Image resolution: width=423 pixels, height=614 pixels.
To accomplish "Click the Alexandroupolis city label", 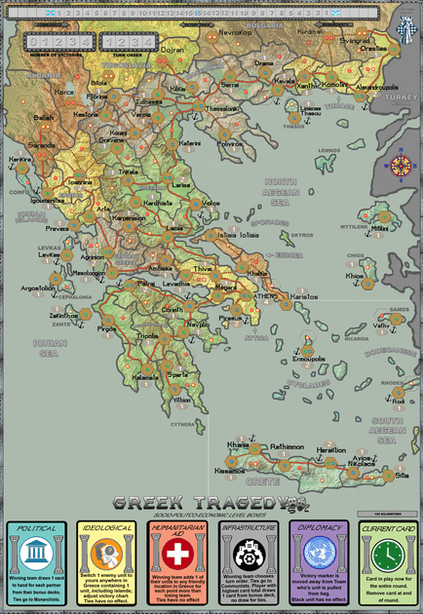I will click(374, 87).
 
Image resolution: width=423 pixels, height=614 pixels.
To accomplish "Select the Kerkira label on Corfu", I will click(19, 158).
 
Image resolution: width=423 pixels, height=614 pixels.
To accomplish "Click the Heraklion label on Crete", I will click(329, 449).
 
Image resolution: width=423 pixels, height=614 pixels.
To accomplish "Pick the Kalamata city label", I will click(146, 377).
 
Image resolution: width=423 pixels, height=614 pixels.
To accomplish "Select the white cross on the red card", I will click(176, 554).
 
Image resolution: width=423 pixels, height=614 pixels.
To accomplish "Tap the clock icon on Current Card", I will click(387, 554).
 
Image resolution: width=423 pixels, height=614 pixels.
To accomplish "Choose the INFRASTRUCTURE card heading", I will click(247, 527).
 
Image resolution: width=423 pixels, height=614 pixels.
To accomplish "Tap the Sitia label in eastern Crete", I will click(402, 475).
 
